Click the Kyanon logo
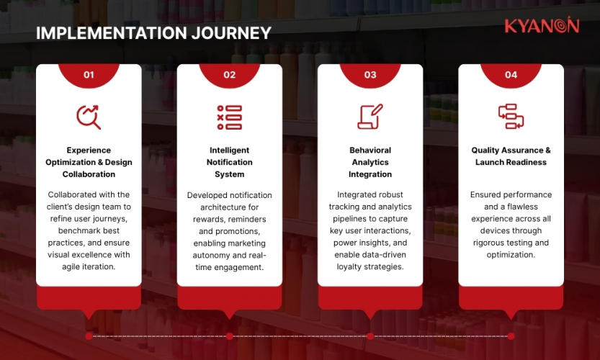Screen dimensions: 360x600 tap(541, 26)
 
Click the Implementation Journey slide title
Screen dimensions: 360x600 tap(153, 33)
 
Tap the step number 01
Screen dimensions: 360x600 tap(89, 74)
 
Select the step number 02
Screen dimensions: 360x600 tap(229, 74)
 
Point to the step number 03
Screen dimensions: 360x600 tap(370, 74)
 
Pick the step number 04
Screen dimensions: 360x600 tap(511, 74)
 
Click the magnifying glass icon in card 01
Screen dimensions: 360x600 tap(89, 117)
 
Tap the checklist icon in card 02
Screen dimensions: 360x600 tap(229, 117)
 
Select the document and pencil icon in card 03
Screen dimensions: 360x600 tap(370, 117)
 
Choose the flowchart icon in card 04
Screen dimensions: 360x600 tap(511, 117)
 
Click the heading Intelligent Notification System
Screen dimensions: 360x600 tap(229, 162)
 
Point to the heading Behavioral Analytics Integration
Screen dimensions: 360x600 tap(370, 162)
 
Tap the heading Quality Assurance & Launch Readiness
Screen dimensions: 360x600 tap(511, 156)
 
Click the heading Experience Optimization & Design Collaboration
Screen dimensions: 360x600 tap(89, 162)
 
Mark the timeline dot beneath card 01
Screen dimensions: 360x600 tap(89, 336)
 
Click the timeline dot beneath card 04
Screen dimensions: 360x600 tap(511, 336)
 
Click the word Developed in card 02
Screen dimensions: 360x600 tap(207, 195)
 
